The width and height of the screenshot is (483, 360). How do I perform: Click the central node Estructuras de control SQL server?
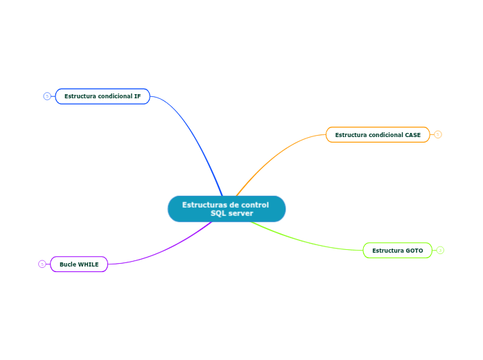click(227, 209)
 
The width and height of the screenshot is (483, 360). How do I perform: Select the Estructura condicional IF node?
click(103, 96)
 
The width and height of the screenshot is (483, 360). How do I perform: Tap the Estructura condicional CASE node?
click(378, 135)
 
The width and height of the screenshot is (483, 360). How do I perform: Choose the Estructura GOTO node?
click(397, 250)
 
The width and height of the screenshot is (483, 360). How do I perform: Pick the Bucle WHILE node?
click(79, 264)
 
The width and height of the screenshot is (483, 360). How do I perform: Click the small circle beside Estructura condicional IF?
click(47, 96)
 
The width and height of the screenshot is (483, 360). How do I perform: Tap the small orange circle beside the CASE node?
click(438, 135)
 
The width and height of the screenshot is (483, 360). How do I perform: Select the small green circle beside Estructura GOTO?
click(440, 250)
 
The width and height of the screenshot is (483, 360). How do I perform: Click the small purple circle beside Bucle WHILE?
click(42, 264)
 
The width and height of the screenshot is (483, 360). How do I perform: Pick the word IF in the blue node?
click(137, 96)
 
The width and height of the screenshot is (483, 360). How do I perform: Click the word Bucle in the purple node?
click(67, 264)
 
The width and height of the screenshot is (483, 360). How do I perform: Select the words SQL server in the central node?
click(231, 214)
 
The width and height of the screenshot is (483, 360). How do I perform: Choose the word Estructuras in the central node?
click(201, 205)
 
